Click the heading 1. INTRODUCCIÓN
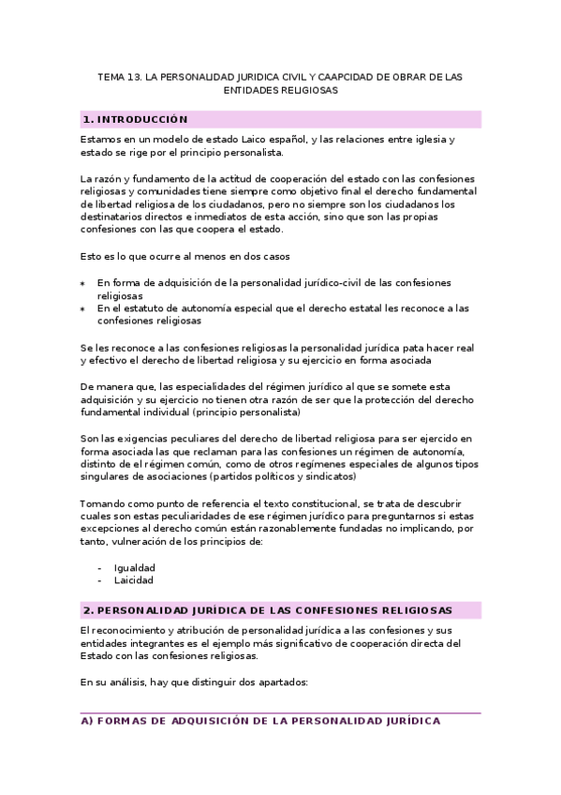tap(136, 119)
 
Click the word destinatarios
tap(115, 217)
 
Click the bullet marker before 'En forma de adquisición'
tap(82, 283)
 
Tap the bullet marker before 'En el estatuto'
tap(82, 308)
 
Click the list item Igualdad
tap(135, 567)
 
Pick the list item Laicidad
tap(134, 580)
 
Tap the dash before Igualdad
tap(99, 567)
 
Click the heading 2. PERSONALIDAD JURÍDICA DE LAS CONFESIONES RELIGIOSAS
tap(267, 609)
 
